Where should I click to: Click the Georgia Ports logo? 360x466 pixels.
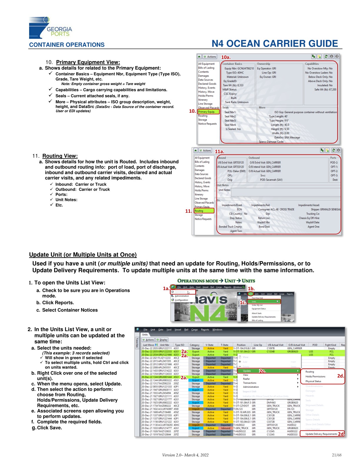click(50, 28)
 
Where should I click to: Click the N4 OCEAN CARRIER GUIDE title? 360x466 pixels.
click(275, 44)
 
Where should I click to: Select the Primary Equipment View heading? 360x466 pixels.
click(88, 62)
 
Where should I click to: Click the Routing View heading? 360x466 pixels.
click(60, 156)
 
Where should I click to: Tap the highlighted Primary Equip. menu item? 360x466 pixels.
click(208, 112)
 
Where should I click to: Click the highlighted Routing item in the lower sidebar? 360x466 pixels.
click(204, 211)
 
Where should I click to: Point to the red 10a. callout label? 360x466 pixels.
click(226, 57)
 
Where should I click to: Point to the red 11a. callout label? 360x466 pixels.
click(219, 152)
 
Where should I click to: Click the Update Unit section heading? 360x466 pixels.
click(83, 255)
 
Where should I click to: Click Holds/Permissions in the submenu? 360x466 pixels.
click(315, 377)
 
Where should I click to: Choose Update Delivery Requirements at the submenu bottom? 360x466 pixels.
click(321, 434)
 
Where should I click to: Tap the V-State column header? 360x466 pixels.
click(209, 345)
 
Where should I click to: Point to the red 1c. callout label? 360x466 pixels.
click(243, 302)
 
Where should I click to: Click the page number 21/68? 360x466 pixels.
click(336, 455)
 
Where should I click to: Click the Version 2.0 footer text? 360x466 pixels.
click(185, 455)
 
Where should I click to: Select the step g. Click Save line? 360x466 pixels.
click(47, 428)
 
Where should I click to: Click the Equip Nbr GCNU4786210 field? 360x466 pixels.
click(239, 68)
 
